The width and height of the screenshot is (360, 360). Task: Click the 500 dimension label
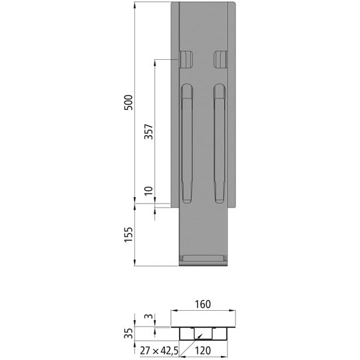130,102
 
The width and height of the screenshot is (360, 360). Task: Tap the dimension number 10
149,192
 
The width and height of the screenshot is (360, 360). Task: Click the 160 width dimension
203,305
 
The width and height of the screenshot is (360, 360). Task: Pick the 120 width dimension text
204,349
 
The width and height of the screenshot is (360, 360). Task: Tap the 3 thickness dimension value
150,317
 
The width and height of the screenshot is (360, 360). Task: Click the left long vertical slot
187,142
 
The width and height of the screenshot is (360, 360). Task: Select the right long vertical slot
220,142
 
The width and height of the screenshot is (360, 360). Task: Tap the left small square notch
186,59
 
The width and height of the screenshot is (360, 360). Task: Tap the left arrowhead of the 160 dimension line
174,311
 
